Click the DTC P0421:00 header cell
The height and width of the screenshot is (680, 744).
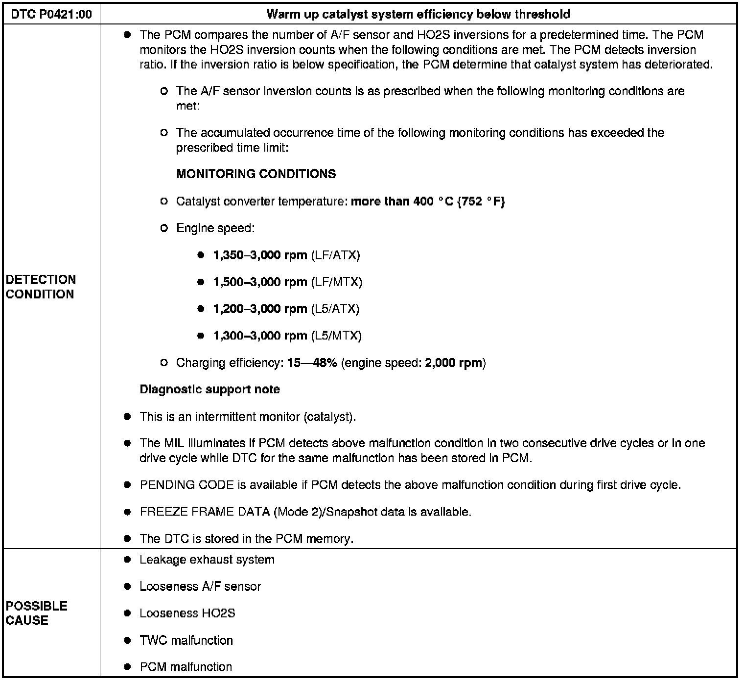(51, 14)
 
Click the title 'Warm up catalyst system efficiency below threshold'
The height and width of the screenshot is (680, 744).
(418, 14)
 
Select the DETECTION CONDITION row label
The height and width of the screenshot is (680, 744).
(41, 287)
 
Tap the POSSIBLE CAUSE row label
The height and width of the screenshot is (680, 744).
(36, 613)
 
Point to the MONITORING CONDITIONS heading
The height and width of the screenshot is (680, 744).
(256, 174)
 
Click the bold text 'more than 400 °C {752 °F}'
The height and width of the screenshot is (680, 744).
(428, 201)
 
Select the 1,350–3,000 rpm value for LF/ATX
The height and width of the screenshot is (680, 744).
(260, 255)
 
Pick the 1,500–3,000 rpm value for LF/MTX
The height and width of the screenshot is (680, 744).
(260, 282)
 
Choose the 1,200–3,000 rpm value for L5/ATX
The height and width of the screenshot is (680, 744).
(260, 309)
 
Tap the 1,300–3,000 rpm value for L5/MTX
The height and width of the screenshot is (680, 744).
(260, 336)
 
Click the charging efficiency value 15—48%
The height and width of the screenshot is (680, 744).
(312, 363)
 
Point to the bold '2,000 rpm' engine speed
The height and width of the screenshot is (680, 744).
(453, 363)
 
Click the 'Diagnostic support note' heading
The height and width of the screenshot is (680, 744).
(209, 390)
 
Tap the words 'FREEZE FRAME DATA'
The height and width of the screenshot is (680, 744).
(205, 512)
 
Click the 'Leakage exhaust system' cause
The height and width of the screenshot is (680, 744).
(207, 560)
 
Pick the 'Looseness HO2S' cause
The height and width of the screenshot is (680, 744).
(187, 613)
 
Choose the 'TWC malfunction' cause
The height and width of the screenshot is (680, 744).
(186, 640)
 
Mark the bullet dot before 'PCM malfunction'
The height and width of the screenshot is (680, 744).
(128, 667)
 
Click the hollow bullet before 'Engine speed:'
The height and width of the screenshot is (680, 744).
(164, 228)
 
